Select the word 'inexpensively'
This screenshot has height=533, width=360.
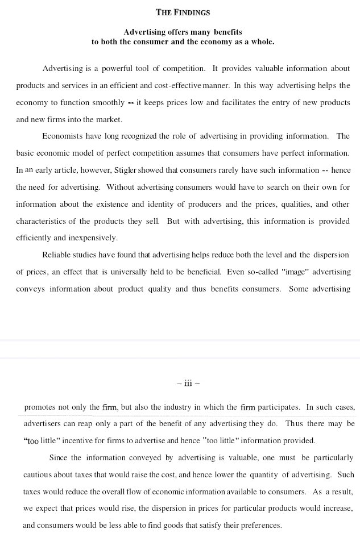92,238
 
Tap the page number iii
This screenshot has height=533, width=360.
188,384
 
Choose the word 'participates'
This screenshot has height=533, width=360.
280,407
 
